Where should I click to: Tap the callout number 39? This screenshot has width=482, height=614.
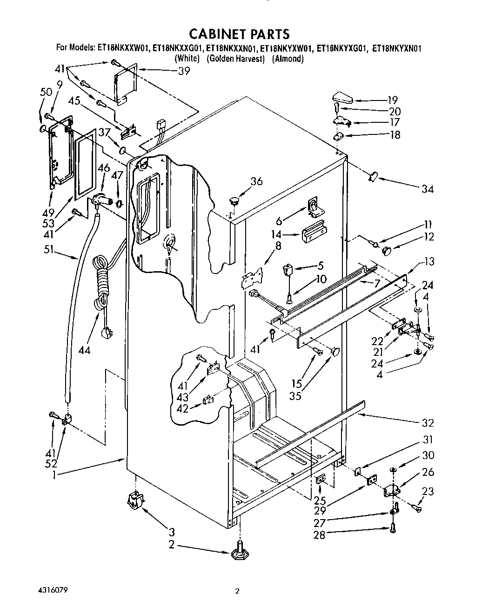[184, 71]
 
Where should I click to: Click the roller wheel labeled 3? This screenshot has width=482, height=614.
[134, 502]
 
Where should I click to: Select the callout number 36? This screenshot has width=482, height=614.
[256, 181]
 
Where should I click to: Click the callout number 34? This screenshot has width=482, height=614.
[427, 189]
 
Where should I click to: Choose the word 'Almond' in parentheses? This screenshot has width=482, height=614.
[288, 59]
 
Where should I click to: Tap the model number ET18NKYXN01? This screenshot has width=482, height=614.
[397, 47]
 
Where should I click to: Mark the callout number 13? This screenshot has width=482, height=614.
[428, 261]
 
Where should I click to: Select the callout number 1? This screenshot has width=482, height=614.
[55, 475]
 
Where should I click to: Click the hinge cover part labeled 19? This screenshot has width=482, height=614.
[342, 98]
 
